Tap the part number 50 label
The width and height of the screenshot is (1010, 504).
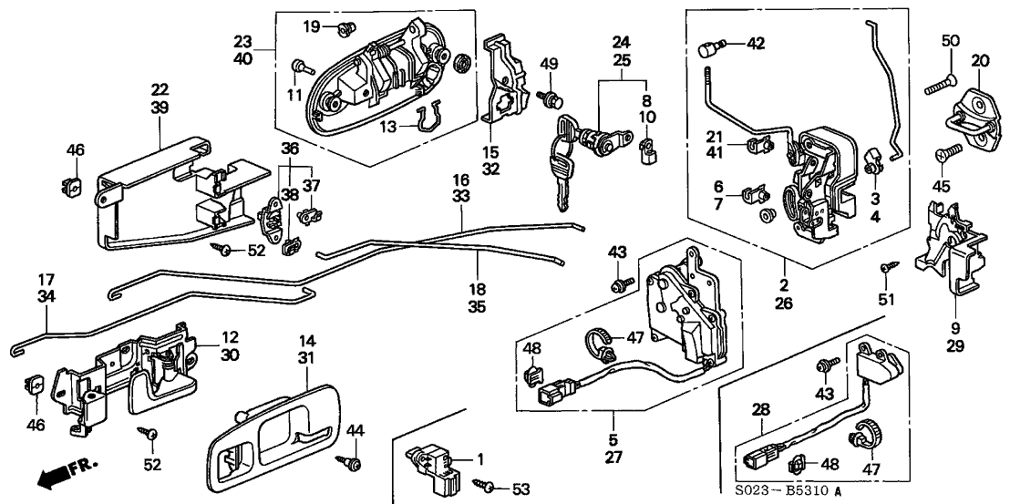tap(951, 41)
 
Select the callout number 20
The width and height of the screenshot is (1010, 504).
tap(980, 60)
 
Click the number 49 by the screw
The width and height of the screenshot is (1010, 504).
tap(548, 63)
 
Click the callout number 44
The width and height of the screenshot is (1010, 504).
tap(356, 428)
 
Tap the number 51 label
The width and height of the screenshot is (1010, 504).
tap(887, 299)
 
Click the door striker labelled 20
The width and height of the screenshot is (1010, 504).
tap(972, 115)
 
